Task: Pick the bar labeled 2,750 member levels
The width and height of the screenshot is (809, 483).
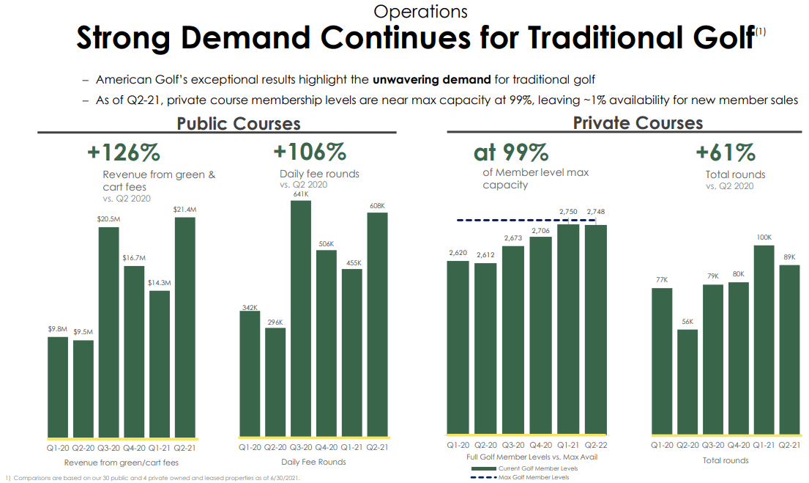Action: [569, 330]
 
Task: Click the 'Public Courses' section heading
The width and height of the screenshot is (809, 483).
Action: [239, 123]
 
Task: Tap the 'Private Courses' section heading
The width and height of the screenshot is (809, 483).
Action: [638, 122]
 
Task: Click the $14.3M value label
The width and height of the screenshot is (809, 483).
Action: [160, 283]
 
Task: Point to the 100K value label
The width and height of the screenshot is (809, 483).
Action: [764, 237]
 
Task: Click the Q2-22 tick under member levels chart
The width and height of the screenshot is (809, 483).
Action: [597, 446]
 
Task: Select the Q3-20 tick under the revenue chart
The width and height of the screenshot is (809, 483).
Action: [109, 447]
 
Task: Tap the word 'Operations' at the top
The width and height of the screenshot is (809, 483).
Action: [420, 11]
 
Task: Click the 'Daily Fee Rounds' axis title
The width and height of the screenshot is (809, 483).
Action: [313, 462]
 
